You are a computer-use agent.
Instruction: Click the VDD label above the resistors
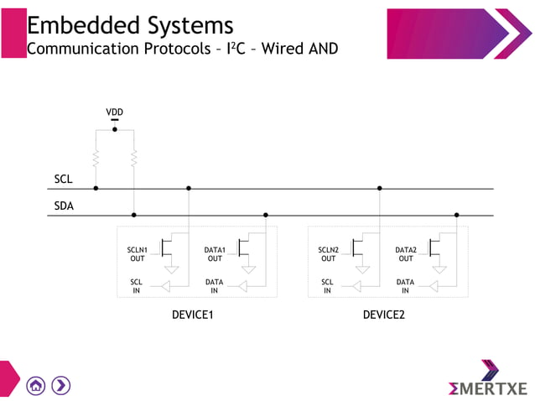coord(115,112)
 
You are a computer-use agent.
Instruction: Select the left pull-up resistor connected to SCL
coord(96,158)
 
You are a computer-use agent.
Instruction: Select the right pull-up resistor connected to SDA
coord(134,158)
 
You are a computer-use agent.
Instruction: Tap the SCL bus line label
coord(63,180)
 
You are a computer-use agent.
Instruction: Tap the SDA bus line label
coord(64,206)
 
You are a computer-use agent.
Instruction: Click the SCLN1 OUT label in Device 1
coord(137,254)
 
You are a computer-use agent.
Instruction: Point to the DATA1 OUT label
coord(215,254)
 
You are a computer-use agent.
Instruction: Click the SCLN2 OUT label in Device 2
coord(328,254)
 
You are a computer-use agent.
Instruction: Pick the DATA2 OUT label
coord(406,254)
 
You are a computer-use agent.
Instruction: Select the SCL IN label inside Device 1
coord(137,286)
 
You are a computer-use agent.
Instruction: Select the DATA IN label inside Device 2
coord(405,286)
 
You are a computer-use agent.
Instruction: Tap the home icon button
coord(36,385)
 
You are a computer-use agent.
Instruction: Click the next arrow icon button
coord(60,385)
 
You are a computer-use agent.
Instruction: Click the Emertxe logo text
coord(488,388)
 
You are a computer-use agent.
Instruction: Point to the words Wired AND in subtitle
coord(300,48)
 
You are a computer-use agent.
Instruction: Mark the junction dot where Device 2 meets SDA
coord(456,215)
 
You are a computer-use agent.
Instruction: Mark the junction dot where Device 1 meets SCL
coord(189,189)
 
